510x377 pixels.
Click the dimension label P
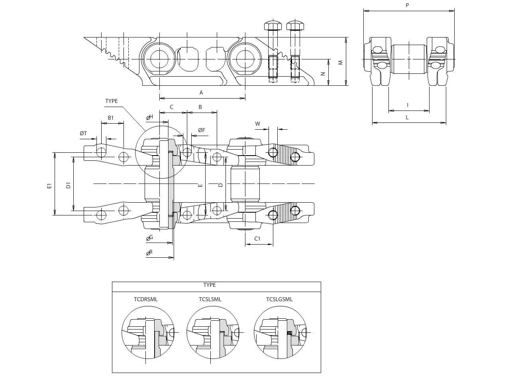[407, 5]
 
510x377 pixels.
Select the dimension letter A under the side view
[201, 93]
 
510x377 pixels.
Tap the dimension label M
[341, 62]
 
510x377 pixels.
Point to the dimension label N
[323, 74]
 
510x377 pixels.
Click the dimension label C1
[257, 239]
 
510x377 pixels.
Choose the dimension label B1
[111, 118]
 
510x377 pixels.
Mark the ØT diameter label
[83, 133]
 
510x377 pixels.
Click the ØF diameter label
[202, 130]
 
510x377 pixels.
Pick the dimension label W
[257, 124]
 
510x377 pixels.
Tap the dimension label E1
[49, 186]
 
